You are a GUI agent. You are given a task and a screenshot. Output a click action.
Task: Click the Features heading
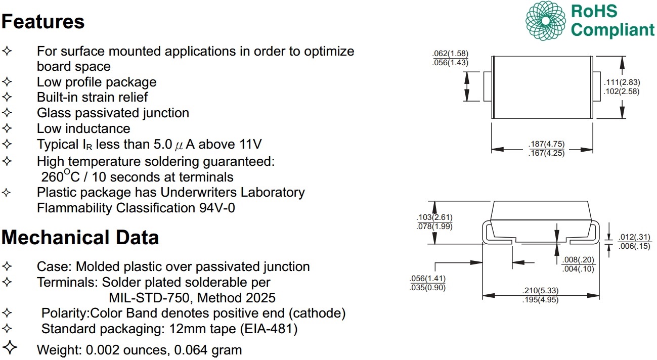(43, 22)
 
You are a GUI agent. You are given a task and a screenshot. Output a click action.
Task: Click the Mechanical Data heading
(80, 237)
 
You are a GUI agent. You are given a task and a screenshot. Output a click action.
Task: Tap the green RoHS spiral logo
(546, 21)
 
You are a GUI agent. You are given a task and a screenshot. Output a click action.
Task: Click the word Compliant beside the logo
(612, 30)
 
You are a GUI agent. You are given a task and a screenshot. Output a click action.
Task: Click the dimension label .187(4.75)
(546, 145)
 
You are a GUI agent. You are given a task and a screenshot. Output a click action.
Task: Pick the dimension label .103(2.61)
(434, 217)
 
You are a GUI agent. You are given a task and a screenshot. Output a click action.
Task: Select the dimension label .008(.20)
(578, 259)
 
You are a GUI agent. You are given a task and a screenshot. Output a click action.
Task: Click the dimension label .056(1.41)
(427, 279)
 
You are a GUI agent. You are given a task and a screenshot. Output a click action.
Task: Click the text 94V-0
(217, 208)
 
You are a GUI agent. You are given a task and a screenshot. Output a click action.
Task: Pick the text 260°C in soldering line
(57, 176)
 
